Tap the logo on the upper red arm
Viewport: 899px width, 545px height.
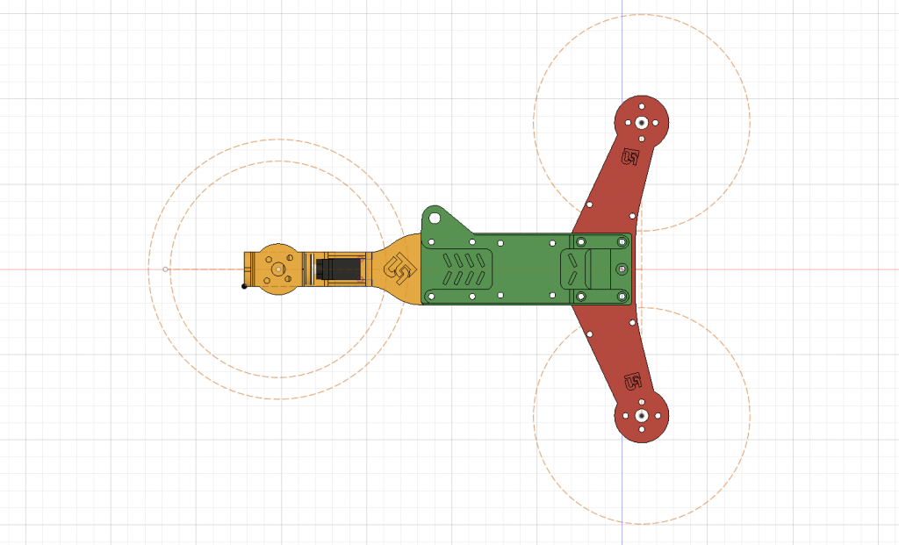click(630, 157)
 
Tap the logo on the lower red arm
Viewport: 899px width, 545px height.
click(632, 382)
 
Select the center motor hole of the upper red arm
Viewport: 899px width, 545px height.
click(642, 123)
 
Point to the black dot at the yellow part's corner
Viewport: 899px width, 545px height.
click(244, 286)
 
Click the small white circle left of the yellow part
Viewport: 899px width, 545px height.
click(166, 269)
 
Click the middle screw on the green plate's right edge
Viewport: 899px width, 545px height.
click(622, 269)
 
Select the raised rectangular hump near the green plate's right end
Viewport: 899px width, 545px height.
click(604, 269)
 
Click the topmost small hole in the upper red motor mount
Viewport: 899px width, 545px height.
click(642, 108)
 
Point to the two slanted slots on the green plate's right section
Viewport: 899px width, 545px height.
click(571, 269)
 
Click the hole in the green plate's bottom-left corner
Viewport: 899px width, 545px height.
click(430, 297)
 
